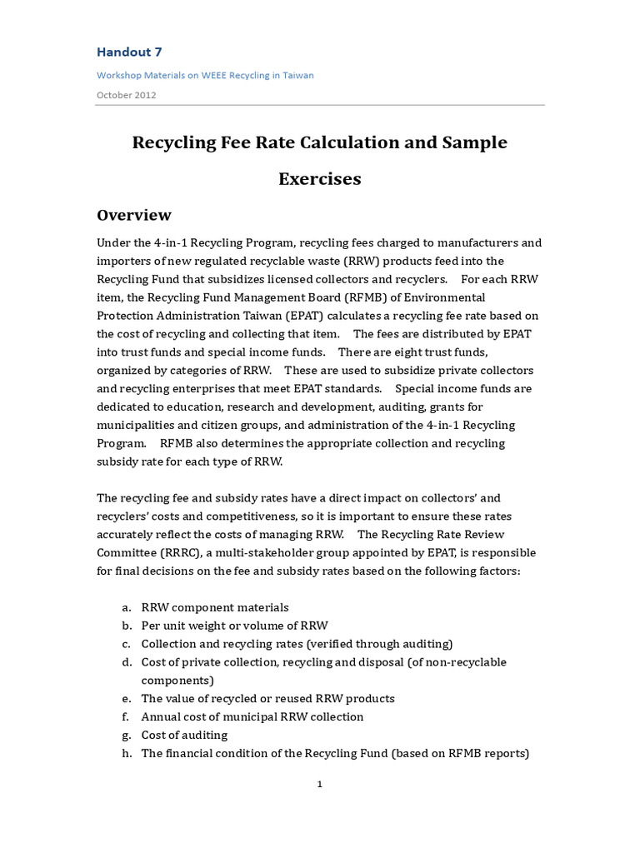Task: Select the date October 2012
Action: coord(127,95)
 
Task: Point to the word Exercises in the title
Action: coord(319,178)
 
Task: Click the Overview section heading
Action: coord(134,215)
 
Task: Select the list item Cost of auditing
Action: coord(184,736)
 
